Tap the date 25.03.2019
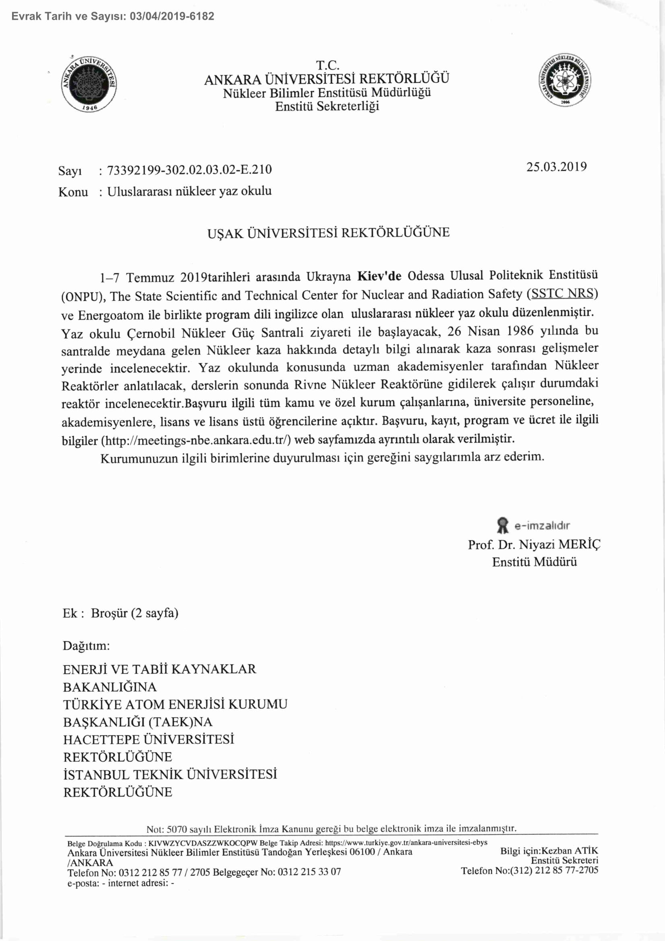pyautogui.click(x=556, y=167)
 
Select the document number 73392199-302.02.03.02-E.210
pyautogui.click(x=189, y=170)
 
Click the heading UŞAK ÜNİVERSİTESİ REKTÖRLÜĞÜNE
pyautogui.click(x=328, y=233)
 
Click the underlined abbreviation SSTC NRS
pyautogui.click(x=562, y=294)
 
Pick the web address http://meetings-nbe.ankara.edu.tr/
pyautogui.click(x=198, y=441)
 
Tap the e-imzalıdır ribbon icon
pyautogui.click(x=502, y=525)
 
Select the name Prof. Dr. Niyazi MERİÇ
pyautogui.click(x=534, y=545)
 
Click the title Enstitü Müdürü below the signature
pyautogui.click(x=534, y=561)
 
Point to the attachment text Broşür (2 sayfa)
pyautogui.click(x=134, y=613)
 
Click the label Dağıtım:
pyautogui.click(x=86, y=646)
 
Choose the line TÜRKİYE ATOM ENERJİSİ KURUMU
pyautogui.click(x=175, y=705)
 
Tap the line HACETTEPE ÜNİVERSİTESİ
pyautogui.click(x=148, y=740)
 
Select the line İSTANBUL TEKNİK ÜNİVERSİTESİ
pyautogui.click(x=170, y=774)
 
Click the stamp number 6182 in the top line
pyautogui.click(x=202, y=17)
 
